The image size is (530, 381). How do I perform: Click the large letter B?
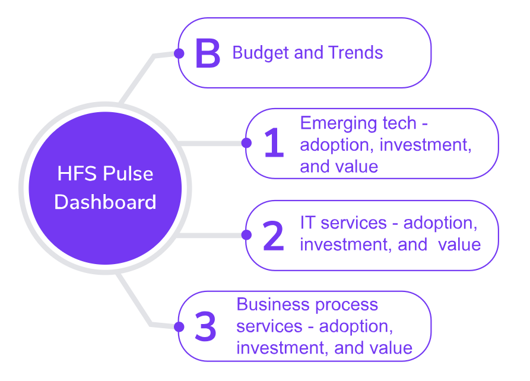tap(208, 53)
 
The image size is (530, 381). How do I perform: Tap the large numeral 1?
tap(274, 142)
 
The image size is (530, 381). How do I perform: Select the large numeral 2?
tap(273, 236)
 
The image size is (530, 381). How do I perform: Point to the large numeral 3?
tap(205, 326)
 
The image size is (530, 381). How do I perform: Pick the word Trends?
tap(356, 52)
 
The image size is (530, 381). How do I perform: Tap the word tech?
tap(399, 123)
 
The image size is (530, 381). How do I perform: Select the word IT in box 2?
tap(307, 223)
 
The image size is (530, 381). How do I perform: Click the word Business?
tap(273, 304)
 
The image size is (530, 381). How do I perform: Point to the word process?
tap(347, 305)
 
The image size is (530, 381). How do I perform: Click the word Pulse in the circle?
tap(128, 173)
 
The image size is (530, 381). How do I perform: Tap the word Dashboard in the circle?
tap(105, 202)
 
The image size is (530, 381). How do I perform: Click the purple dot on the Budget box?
tap(179, 53)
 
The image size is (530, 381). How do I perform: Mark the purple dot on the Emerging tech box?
tap(246, 143)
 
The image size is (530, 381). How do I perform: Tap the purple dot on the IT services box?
tap(246, 234)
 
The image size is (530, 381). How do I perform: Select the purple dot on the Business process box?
tap(179, 326)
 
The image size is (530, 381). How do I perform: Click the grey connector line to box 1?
tap(211, 144)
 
